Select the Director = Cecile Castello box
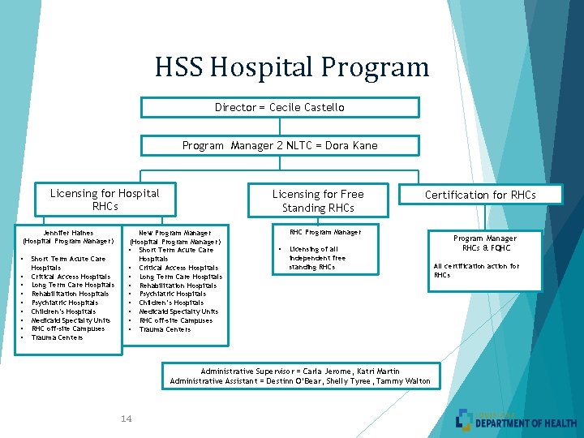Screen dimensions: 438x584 280,107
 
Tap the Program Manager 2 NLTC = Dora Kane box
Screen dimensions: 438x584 280,145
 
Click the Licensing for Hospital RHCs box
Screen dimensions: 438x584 105,200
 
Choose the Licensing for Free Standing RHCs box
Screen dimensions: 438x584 318,200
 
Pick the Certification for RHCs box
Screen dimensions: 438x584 481,195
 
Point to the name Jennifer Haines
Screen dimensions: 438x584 69,233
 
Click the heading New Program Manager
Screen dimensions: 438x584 175,233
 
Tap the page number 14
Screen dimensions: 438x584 126,419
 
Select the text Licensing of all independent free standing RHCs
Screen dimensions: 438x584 317,258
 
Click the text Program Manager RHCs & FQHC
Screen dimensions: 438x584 485,243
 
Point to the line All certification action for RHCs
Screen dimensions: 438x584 476,270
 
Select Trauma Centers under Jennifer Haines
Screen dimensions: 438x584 57,337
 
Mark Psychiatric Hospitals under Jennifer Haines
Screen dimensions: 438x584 65,303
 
